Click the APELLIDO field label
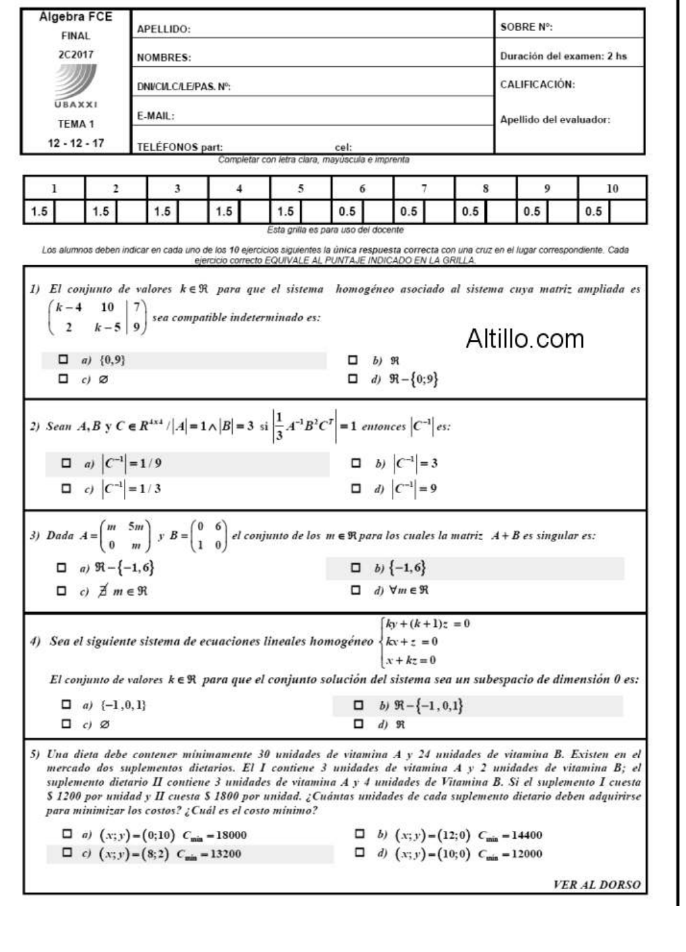tap(163, 29)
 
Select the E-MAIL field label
tap(155, 116)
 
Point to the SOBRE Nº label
tap(526, 27)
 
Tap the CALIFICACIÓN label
tap(537, 84)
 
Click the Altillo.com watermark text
tap(524, 339)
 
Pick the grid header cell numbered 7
tap(424, 189)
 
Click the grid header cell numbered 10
tap(612, 189)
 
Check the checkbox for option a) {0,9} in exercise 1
tap(64, 359)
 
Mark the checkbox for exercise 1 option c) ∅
tap(64, 378)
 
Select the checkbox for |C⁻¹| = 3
tap(355, 464)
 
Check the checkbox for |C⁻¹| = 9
tap(355, 488)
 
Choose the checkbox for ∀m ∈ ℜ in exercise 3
tap(355, 590)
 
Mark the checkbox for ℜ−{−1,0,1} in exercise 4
tap(358, 706)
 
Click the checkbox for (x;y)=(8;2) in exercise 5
tap(67, 853)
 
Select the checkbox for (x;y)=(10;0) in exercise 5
tap(359, 853)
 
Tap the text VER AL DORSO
tap(596, 885)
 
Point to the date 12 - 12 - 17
tap(76, 143)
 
